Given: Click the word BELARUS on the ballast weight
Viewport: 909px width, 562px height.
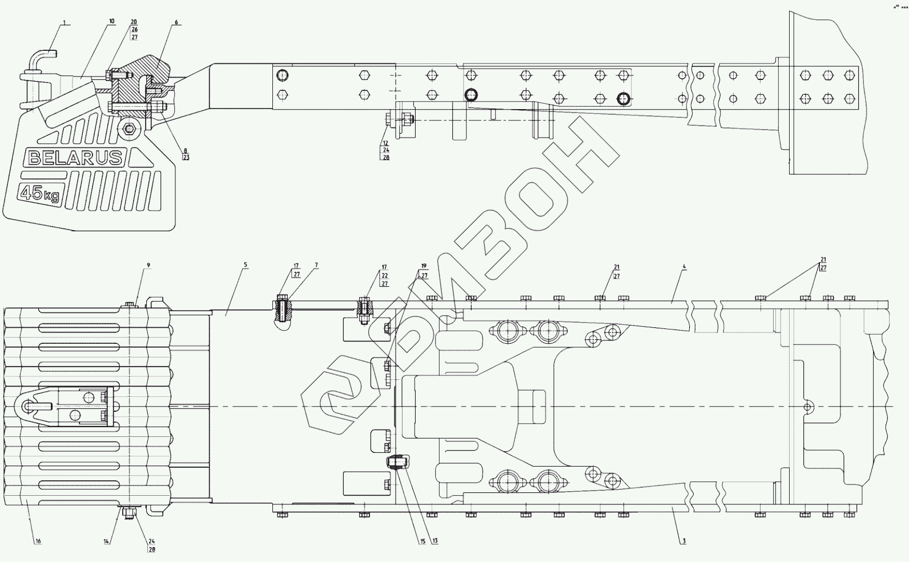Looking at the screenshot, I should pos(75,158).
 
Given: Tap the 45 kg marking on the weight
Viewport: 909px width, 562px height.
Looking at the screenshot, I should pos(40,194).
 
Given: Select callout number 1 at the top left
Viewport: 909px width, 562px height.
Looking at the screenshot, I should pos(65,23).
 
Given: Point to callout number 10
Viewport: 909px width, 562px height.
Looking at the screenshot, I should pos(111,21).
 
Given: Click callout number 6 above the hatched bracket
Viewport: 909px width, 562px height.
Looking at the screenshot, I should pos(176,22).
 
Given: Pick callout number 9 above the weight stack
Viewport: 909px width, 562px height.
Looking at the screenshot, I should pos(148,266).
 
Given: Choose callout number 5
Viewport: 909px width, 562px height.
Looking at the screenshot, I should pos(246,265).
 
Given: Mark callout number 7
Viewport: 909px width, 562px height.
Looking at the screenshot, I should pos(316,266).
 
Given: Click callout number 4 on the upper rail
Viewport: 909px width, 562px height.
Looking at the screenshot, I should pos(684,267).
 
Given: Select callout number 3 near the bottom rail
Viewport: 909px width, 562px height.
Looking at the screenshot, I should pos(683,541).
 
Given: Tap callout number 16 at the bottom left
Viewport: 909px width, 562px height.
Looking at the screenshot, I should pos(38,541).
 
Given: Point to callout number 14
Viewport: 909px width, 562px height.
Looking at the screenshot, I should pos(106,541).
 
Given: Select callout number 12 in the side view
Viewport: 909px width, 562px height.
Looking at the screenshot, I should pos(386,143).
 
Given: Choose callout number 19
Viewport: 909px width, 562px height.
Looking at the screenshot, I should pos(424,266).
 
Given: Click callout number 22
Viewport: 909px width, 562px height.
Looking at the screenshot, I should pos(385,275).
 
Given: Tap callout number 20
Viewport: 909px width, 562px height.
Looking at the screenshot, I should pos(134,22).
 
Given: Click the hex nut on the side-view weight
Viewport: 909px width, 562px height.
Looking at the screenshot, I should pos(130,129).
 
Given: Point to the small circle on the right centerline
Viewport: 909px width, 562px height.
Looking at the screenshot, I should pos(807,407).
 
